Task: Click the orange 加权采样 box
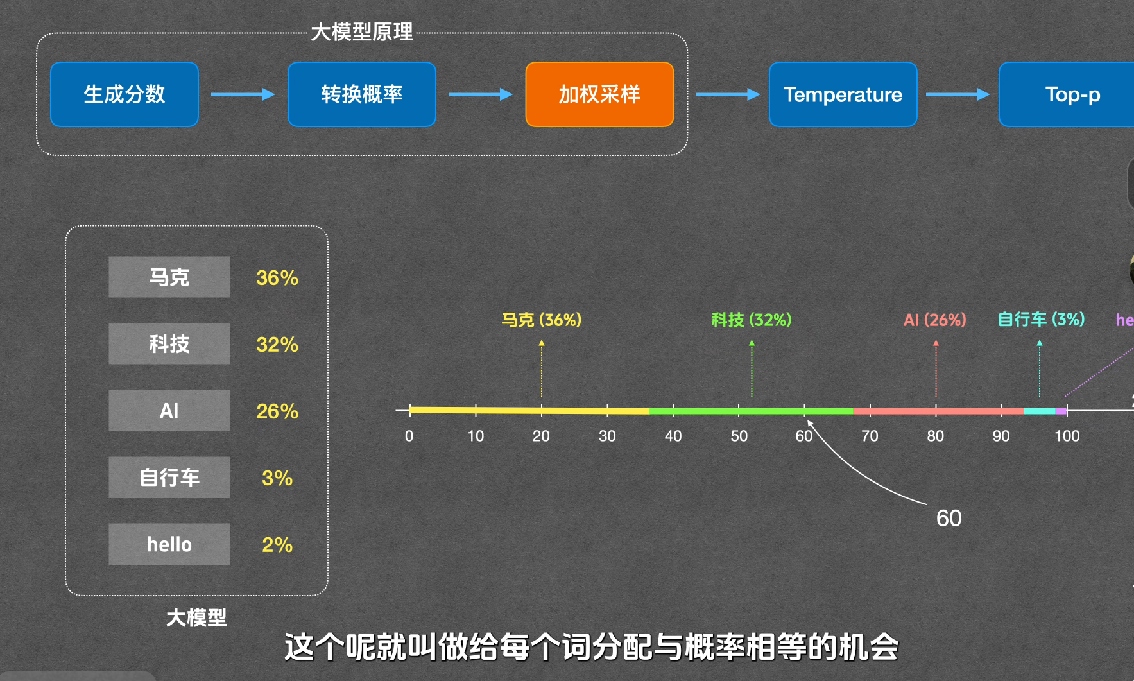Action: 599,94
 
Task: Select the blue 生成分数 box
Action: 125,94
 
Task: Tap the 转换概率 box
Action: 362,94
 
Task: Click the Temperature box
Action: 843,94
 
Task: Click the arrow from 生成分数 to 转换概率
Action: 243,94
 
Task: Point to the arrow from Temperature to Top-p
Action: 958,94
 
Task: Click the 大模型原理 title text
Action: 362,32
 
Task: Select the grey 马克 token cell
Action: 169,277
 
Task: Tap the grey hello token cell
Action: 169,544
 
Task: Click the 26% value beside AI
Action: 277,411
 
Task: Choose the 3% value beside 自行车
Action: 277,478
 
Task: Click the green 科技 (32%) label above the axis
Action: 752,320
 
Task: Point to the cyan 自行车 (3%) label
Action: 1041,319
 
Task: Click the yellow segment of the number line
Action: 529,410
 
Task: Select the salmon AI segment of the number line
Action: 938,411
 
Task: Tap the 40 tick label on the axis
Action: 673,436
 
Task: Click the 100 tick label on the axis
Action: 1067,436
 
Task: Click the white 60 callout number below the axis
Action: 949,519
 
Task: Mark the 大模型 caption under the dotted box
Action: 196,618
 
